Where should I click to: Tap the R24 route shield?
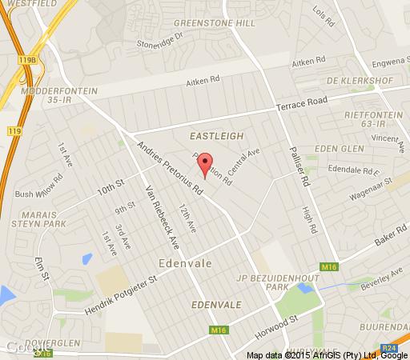[x=387, y=348]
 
